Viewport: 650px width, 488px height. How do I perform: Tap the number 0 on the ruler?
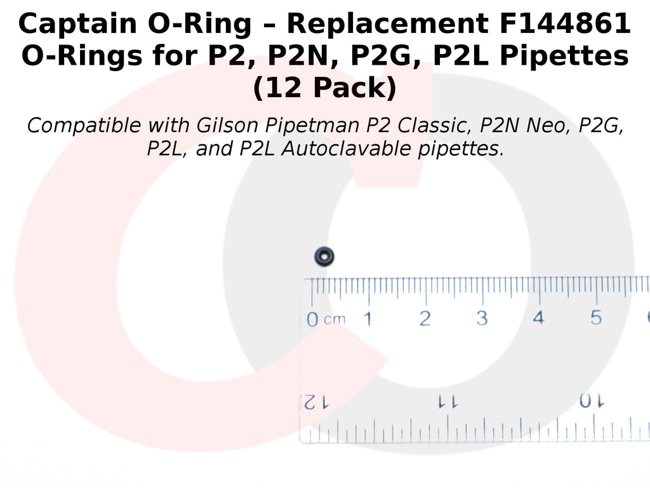[x=312, y=320]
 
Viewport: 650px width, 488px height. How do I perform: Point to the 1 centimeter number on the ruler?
[x=368, y=319]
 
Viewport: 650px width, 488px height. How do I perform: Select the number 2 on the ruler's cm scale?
[x=425, y=319]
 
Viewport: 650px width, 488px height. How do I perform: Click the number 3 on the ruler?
[x=482, y=318]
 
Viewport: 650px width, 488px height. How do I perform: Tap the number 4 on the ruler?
[x=538, y=318]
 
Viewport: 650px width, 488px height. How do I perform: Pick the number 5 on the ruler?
[x=595, y=318]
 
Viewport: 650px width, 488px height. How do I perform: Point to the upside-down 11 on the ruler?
[x=448, y=402]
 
